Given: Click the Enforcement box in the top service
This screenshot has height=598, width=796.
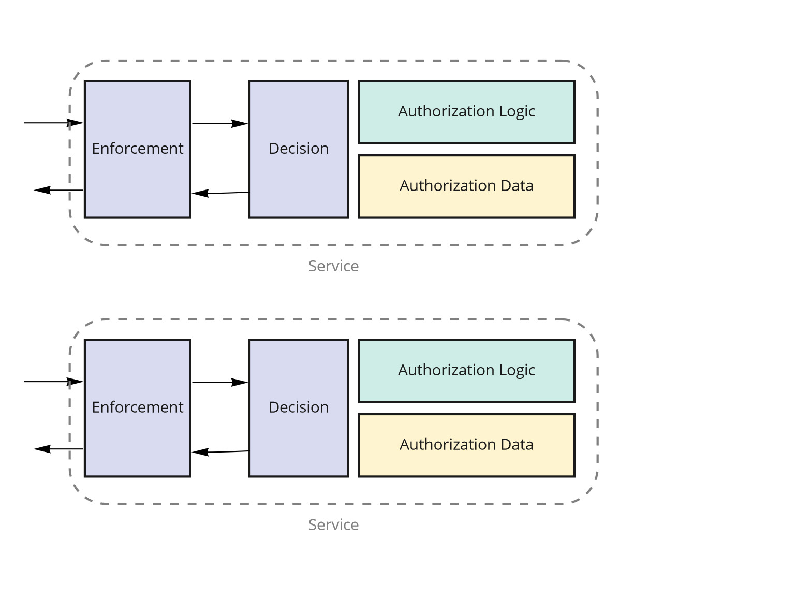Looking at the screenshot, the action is [x=138, y=149].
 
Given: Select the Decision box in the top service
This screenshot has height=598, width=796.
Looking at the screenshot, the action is [x=299, y=149].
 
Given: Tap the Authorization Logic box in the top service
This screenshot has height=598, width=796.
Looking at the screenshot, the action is [x=466, y=112].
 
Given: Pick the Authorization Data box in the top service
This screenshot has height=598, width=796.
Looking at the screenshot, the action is [x=466, y=186].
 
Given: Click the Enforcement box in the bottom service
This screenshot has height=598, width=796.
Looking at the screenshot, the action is [x=138, y=408].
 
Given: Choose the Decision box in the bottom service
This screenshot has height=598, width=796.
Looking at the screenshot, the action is [x=299, y=408].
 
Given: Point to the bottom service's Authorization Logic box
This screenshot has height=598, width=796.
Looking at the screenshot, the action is [x=466, y=371].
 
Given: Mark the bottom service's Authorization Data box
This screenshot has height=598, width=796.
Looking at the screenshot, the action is [x=466, y=445].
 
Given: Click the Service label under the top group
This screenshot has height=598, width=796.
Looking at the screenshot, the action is [x=333, y=266].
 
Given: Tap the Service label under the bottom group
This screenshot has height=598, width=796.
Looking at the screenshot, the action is [x=333, y=525].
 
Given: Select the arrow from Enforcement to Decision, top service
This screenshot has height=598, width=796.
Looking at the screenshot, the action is [x=220, y=124].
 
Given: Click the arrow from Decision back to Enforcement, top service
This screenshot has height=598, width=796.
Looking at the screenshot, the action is [x=220, y=193].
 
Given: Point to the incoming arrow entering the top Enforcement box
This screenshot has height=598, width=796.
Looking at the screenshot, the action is [x=54, y=123].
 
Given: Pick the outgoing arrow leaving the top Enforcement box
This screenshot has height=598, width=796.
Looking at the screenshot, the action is [x=58, y=190].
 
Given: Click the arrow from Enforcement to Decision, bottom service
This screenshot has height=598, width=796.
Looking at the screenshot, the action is [x=220, y=382].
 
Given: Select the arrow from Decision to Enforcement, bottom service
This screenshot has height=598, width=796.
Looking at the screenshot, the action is [x=220, y=452].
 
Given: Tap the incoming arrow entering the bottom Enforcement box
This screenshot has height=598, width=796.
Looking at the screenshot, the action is [x=54, y=382].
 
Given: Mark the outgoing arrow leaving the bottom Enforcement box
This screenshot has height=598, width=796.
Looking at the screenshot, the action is [x=58, y=449].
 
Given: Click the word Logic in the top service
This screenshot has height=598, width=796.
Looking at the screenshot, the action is [x=517, y=112].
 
